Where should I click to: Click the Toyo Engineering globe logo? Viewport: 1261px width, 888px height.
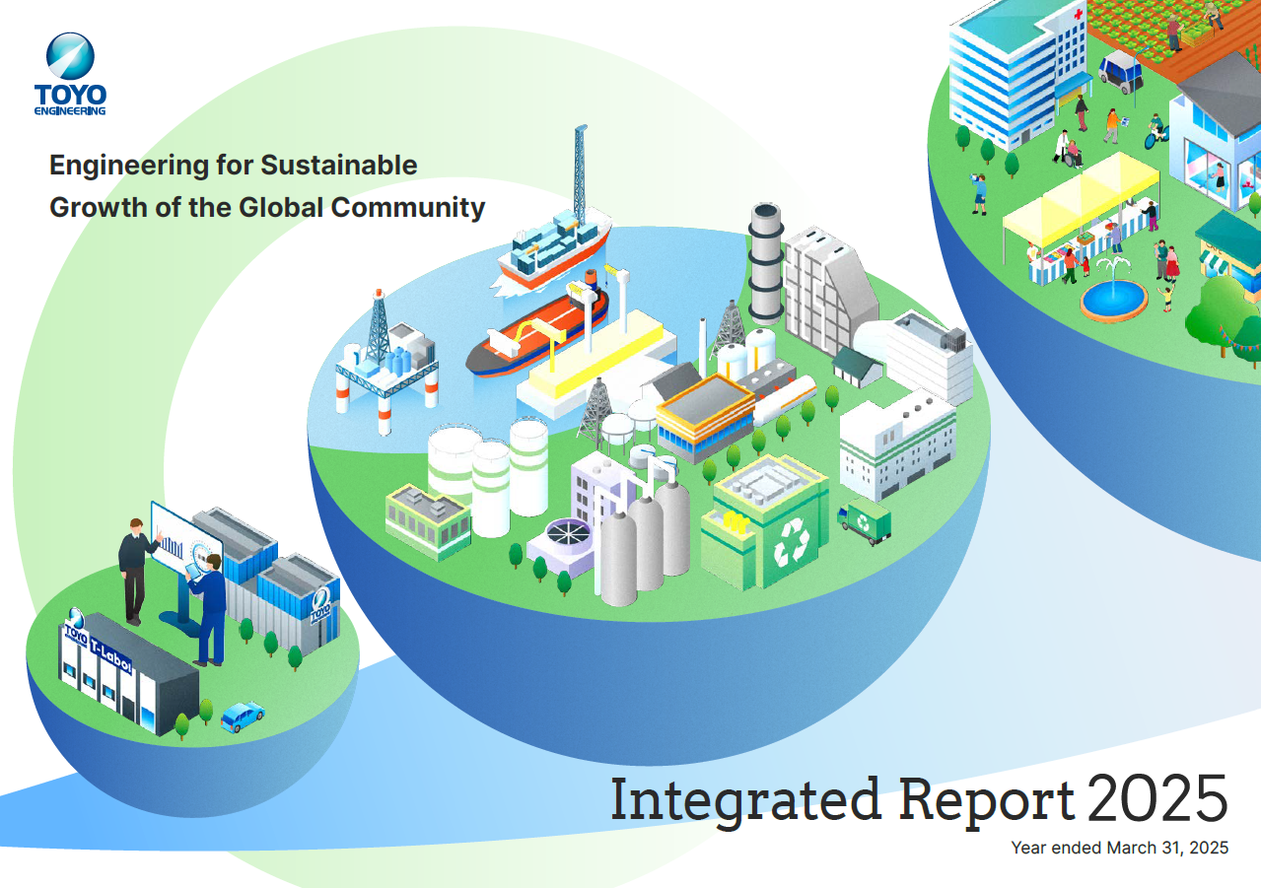click(x=70, y=56)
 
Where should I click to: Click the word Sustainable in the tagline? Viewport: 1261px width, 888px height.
click(x=338, y=166)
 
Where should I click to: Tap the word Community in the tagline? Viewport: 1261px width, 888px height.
click(x=407, y=208)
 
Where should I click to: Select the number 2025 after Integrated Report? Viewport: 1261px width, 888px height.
click(x=1157, y=798)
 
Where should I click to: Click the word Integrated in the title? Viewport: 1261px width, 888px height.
click(x=746, y=799)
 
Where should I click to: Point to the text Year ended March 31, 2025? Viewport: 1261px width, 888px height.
click(x=1120, y=848)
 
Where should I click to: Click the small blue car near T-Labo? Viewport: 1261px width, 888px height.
click(x=243, y=717)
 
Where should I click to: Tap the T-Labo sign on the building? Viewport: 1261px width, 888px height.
click(x=111, y=657)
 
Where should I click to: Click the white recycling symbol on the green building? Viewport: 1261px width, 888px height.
click(x=791, y=542)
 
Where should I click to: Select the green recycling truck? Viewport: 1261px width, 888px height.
click(x=864, y=520)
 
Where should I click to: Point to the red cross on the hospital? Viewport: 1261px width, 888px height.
click(x=1078, y=14)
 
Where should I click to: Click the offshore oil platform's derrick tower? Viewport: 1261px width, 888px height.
click(x=378, y=326)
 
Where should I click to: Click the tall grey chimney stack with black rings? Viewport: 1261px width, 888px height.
click(x=766, y=263)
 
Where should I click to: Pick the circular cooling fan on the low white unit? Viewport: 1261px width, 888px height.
click(x=569, y=532)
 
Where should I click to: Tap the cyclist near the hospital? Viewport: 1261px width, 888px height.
click(x=1156, y=132)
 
